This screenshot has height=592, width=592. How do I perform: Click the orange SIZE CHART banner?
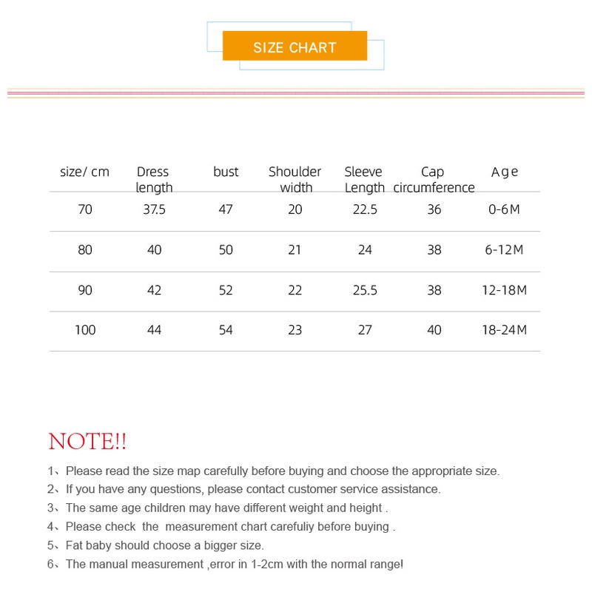tap(295, 47)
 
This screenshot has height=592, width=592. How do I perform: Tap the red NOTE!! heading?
tap(87, 442)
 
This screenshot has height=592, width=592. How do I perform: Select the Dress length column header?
tap(153, 180)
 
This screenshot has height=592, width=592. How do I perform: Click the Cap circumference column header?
tap(434, 180)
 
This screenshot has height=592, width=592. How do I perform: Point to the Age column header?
tap(505, 172)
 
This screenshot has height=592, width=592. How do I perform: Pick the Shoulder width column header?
tap(295, 180)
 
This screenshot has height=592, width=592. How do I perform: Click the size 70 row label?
tap(85, 209)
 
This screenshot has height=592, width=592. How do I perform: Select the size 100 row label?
tap(85, 330)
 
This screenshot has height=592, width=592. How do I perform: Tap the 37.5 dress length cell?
tap(154, 209)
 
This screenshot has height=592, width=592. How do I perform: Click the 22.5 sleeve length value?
tap(365, 209)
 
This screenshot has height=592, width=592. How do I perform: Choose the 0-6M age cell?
tap(504, 209)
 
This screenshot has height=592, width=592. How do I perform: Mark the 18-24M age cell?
tap(504, 330)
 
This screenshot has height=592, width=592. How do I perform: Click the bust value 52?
tap(226, 290)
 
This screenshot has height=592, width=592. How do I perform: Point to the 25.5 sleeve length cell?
tap(365, 290)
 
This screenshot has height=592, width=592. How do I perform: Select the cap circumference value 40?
tap(434, 330)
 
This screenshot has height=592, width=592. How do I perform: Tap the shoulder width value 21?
tap(295, 250)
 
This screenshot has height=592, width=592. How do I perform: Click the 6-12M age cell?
tap(504, 250)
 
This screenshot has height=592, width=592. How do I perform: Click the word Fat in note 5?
tap(75, 545)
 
